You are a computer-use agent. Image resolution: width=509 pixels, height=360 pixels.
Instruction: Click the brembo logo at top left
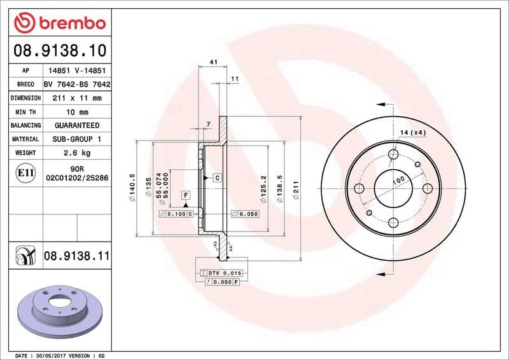click(59, 23)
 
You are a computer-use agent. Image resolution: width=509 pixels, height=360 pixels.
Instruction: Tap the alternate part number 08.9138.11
click(77, 256)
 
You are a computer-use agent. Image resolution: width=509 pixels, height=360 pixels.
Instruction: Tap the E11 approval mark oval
click(25, 172)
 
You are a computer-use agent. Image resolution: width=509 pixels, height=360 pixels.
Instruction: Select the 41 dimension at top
click(213, 62)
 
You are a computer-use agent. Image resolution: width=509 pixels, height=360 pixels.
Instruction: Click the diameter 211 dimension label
click(296, 189)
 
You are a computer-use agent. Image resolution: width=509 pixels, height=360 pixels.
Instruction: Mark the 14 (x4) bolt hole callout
click(412, 132)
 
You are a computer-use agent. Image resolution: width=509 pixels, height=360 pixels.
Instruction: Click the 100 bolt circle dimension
click(398, 181)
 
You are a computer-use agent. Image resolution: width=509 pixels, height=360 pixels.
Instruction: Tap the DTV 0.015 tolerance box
click(219, 272)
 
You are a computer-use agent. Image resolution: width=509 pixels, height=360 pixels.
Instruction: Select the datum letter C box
click(218, 177)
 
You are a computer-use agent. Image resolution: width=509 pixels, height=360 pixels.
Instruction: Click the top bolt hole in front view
click(393, 153)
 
